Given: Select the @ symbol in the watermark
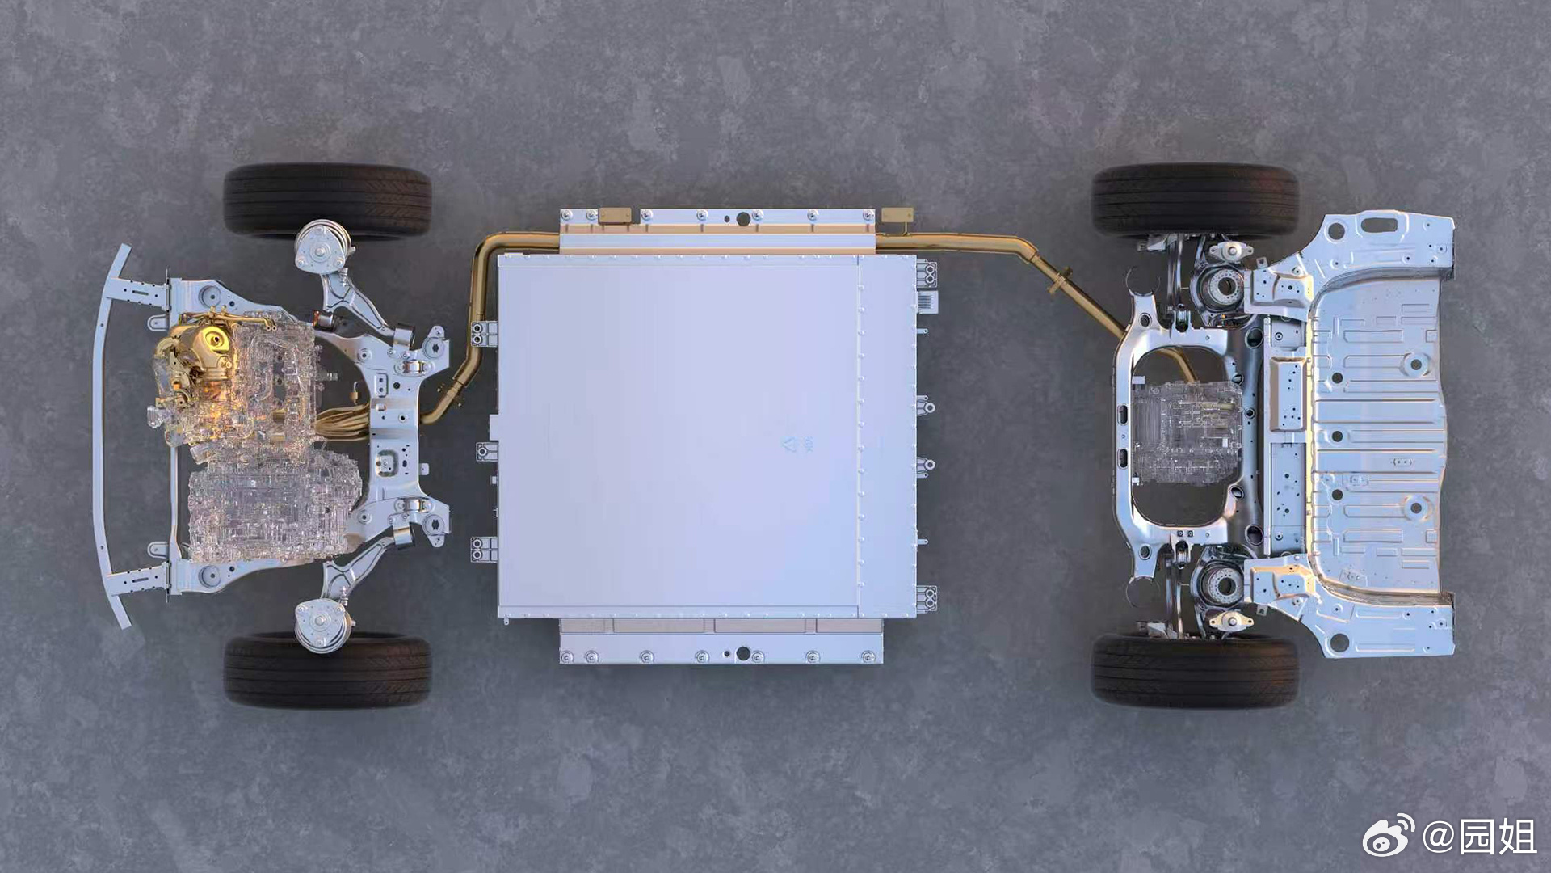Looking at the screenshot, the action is point(1438,836).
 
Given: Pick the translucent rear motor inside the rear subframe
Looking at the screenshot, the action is point(1186,432).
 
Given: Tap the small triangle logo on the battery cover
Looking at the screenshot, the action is point(792,444).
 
